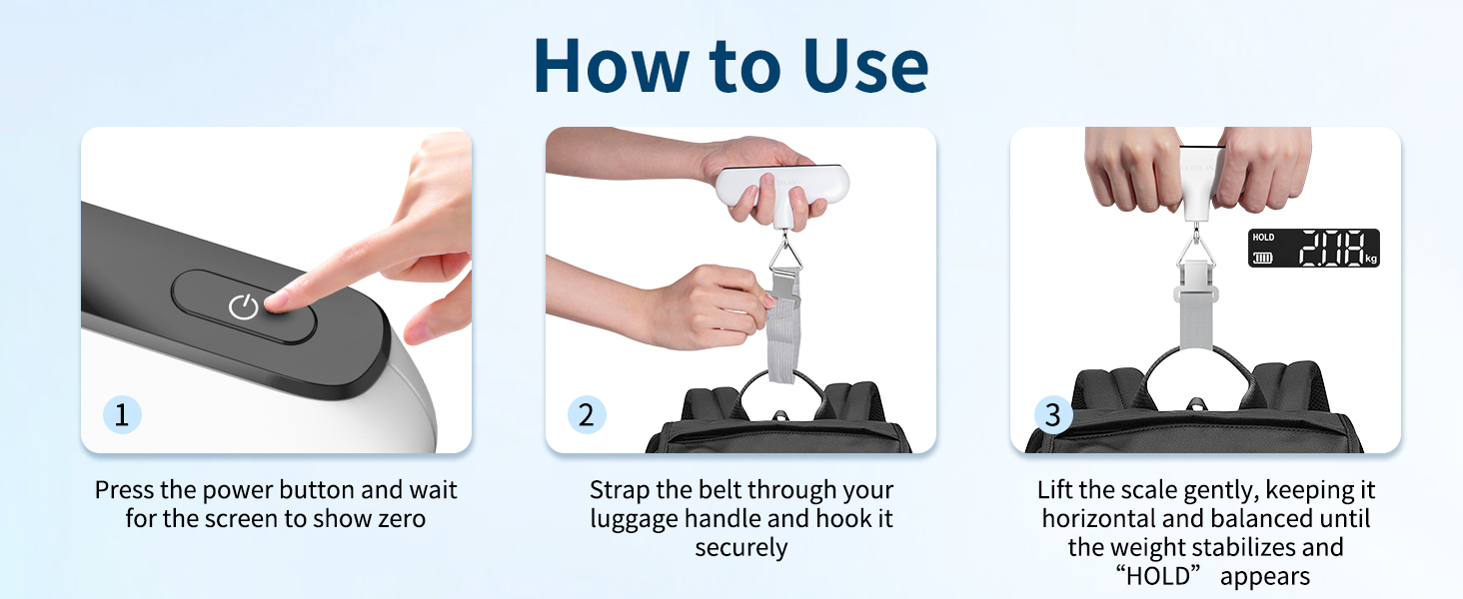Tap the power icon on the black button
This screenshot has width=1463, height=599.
(x=244, y=306)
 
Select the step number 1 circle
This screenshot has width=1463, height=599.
(x=121, y=414)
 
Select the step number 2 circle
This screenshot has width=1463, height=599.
(x=586, y=414)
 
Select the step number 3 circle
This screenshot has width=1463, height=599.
(x=1051, y=414)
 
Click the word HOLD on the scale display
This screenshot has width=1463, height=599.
(x=1263, y=238)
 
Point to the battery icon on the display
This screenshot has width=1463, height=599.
(x=1264, y=258)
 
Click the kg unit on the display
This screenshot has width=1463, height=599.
(x=1371, y=260)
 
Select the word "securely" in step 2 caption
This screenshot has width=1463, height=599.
(x=741, y=548)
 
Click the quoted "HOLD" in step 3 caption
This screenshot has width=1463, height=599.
(x=1162, y=577)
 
